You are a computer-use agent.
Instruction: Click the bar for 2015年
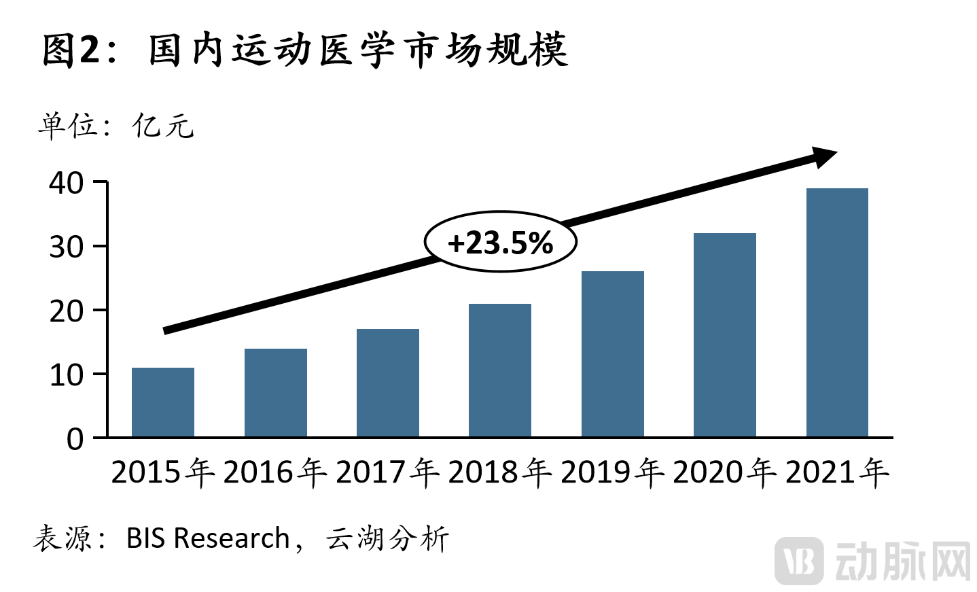pos(163,402)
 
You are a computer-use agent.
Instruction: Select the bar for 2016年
pos(275,393)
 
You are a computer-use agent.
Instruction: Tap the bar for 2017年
pos(387,383)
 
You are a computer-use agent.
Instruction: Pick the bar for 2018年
pos(500,370)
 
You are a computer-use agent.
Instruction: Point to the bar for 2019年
pos(612,354)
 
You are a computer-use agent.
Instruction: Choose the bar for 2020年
pos(724,335)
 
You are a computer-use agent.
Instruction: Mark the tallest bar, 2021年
pos(837,313)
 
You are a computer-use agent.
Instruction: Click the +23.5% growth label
pos(501,243)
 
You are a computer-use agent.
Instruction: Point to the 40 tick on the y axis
pos(67,183)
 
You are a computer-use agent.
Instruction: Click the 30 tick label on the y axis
pos(67,247)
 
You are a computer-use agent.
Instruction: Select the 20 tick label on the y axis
pos(67,311)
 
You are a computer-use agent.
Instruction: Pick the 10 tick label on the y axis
pos(67,375)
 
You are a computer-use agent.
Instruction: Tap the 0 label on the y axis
pos(75,439)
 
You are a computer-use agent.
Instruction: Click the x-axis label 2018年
pos(500,472)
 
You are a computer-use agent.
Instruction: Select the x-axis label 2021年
pos(837,472)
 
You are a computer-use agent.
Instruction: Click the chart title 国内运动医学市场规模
pos(357,50)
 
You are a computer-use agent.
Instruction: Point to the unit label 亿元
pos(163,126)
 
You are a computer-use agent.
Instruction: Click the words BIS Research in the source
pos(208,538)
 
